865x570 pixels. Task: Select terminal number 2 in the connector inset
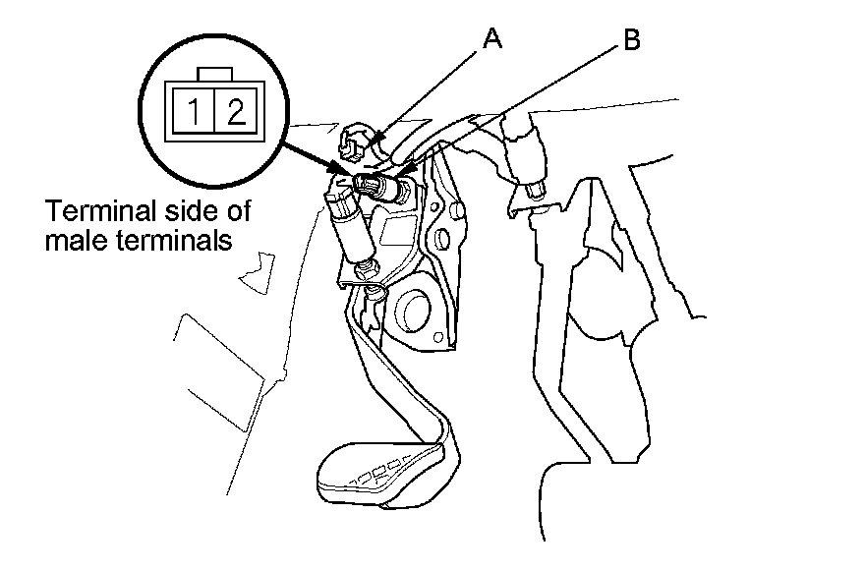click(234, 111)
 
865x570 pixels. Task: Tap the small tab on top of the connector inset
click(214, 76)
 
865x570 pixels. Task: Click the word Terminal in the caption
click(90, 211)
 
